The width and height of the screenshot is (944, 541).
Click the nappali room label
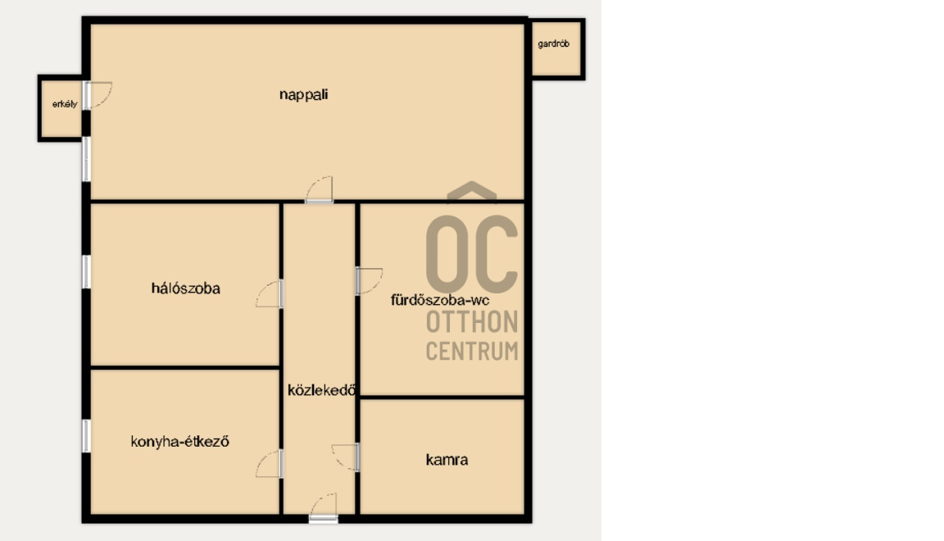(303, 94)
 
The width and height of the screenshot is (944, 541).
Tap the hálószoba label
(185, 288)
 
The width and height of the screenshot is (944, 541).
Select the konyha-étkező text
(180, 442)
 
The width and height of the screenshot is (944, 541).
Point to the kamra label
(447, 460)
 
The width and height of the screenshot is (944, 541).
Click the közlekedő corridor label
(321, 390)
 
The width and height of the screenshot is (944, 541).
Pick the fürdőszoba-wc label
(440, 300)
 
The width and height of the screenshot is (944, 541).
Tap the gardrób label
(553, 43)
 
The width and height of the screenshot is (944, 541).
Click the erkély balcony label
(65, 103)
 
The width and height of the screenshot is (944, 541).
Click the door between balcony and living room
(98, 95)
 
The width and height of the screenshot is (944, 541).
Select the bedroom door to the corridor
(269, 294)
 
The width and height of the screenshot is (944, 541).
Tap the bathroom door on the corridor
(369, 281)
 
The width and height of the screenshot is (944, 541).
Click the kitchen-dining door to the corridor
(269, 464)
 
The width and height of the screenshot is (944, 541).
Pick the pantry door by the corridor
(346, 458)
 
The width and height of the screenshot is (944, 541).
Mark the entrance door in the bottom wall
(324, 507)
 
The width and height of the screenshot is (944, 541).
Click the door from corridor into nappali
(319, 189)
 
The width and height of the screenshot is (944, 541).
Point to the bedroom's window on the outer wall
(87, 271)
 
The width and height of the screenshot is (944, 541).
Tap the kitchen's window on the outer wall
(87, 436)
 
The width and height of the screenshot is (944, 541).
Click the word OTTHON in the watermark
(472, 322)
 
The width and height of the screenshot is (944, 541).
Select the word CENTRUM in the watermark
(472, 351)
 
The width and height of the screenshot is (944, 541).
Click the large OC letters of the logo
(472, 255)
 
